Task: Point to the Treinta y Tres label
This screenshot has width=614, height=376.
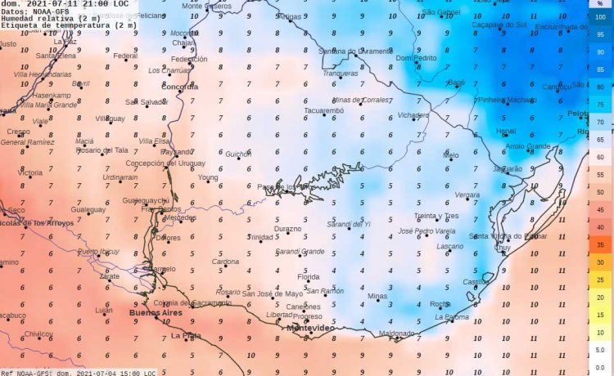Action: click(436, 216)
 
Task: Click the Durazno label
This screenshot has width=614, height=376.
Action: click(287, 230)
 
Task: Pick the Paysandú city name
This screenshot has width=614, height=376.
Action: click(177, 152)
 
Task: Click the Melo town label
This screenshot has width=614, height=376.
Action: click(451, 154)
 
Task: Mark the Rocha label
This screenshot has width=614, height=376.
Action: click(440, 304)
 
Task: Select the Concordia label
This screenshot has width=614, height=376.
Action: click(180, 86)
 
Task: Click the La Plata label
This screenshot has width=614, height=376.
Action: click(186, 335)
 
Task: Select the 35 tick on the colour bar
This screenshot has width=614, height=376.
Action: click(601, 244)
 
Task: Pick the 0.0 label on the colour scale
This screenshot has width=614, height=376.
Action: click(600, 367)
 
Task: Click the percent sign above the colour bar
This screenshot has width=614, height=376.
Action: click(600, 4)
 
